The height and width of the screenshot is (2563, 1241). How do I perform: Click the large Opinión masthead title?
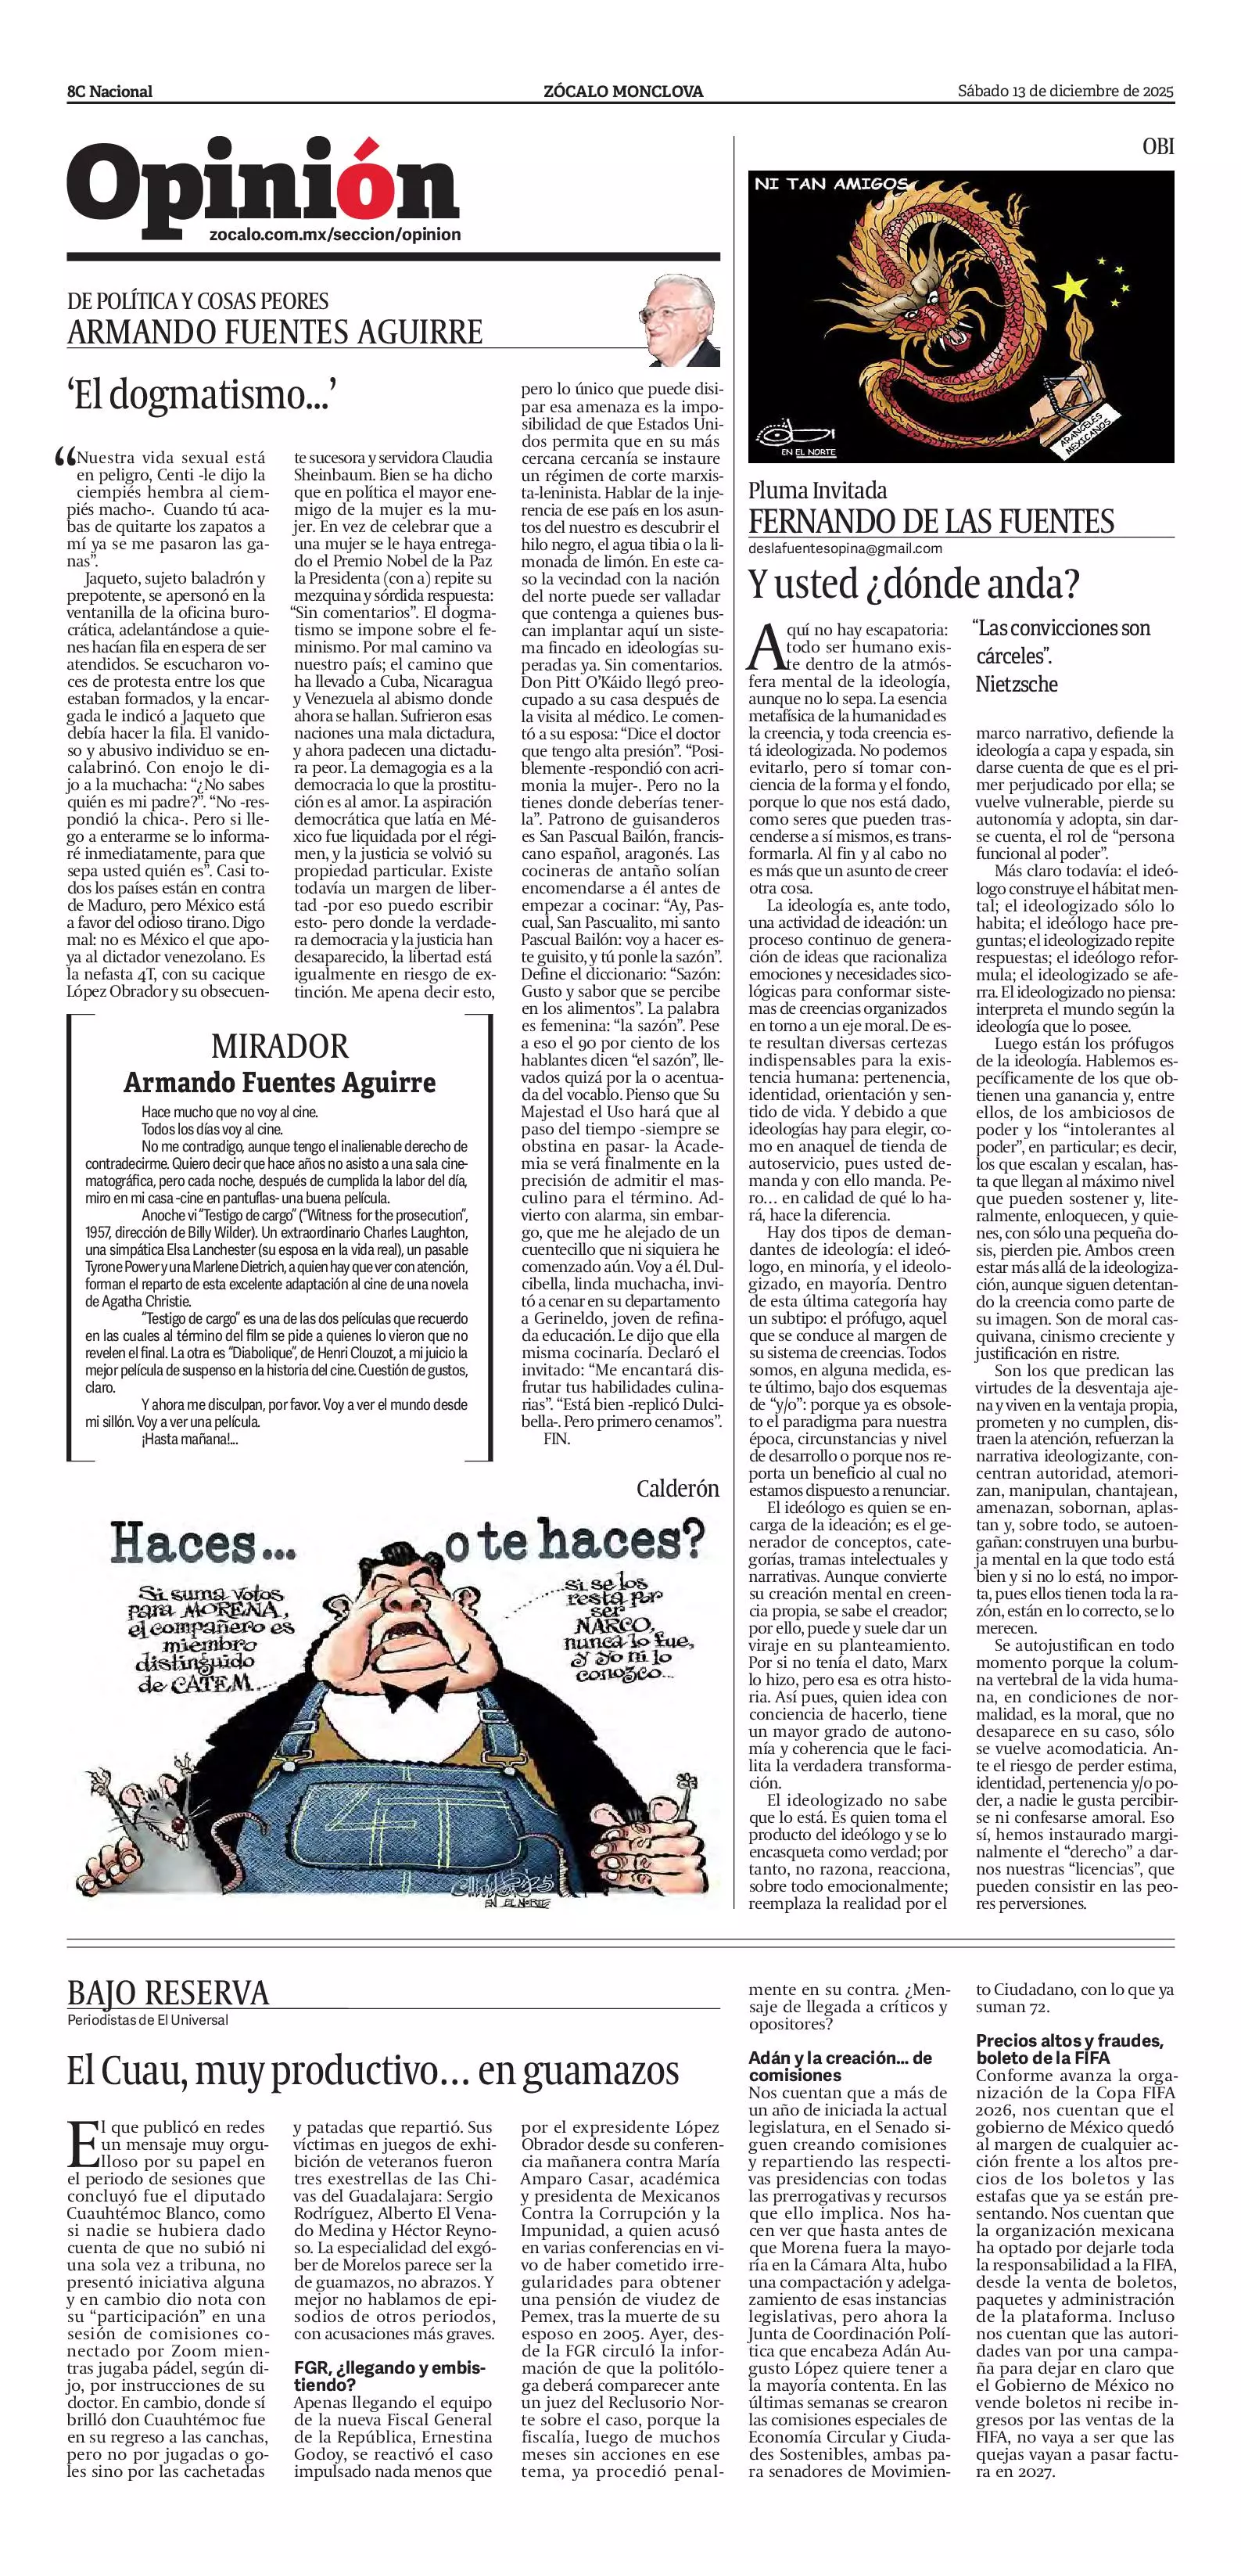click(263, 186)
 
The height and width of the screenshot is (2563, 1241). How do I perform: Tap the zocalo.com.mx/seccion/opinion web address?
click(335, 235)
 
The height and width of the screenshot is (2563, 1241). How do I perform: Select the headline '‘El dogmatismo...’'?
click(198, 396)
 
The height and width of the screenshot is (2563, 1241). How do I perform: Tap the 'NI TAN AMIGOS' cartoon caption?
click(830, 184)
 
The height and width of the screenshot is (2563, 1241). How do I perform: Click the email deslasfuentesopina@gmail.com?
click(845, 548)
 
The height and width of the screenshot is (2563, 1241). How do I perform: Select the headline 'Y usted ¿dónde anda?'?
click(913, 584)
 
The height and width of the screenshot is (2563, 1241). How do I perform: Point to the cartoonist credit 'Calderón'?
click(677, 1489)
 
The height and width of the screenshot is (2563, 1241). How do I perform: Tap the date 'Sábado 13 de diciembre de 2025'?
click(1065, 91)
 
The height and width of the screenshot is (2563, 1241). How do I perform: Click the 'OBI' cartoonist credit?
click(1157, 146)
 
